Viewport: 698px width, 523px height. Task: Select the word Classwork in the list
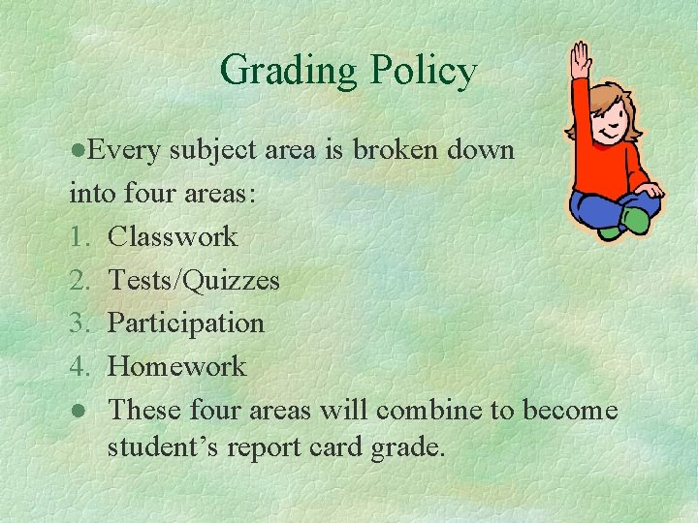[173, 236]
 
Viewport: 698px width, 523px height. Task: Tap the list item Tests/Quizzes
[193, 280]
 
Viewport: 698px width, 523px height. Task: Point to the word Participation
[185, 323]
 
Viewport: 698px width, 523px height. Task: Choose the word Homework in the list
[176, 366]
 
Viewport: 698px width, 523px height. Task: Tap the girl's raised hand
[580, 57]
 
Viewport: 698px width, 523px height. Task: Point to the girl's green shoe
[636, 221]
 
